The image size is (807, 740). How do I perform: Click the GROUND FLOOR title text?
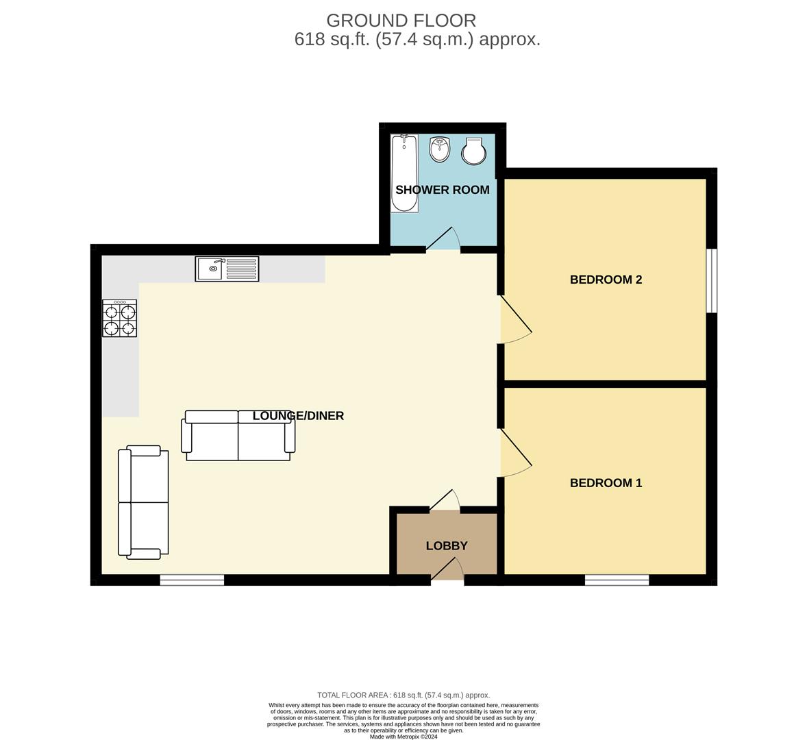point(401,21)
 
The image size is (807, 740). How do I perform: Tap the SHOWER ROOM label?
point(442,190)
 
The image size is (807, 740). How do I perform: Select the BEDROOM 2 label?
point(606,280)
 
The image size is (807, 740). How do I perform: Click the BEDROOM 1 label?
point(606,483)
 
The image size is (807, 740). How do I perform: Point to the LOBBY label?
point(447,546)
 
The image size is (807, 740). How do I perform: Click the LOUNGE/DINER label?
point(298,416)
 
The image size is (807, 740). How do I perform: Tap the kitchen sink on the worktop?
point(227,269)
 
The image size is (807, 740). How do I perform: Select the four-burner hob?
point(119,319)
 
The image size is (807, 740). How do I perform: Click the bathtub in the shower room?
point(404,173)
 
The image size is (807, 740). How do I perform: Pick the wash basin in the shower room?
point(439,149)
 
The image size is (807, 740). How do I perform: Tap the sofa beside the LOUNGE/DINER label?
point(238,435)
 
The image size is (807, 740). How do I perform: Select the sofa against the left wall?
point(143,502)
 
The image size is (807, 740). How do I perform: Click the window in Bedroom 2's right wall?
point(712,280)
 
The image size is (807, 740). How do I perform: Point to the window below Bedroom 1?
point(617,580)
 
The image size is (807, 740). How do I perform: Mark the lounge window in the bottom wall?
point(192,580)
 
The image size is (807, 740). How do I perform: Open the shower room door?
point(443,240)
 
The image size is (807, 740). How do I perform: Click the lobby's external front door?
point(447,571)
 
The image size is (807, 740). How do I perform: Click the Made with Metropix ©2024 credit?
point(403,737)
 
